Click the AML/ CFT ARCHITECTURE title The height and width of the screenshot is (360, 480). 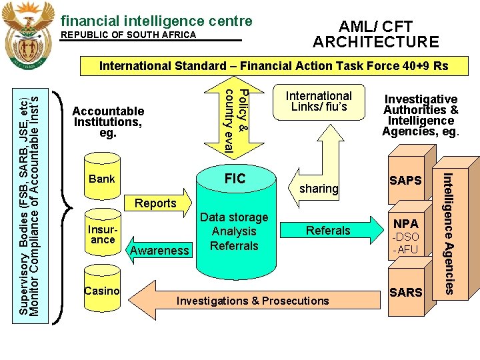[x=376, y=35]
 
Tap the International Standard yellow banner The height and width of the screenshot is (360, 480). [x=273, y=66]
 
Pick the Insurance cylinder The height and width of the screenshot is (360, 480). [x=103, y=235]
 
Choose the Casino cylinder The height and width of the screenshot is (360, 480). [x=102, y=291]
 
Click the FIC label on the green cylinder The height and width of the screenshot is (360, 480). [x=235, y=179]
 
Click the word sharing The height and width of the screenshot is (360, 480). [x=319, y=189]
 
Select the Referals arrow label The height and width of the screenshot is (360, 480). [x=327, y=231]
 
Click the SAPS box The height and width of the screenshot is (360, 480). [x=406, y=181]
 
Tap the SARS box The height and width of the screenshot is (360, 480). [x=406, y=292]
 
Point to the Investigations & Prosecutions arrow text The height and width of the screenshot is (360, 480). [x=253, y=301]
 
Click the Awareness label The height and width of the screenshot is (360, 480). [x=160, y=250]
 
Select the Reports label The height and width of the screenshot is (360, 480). [x=155, y=203]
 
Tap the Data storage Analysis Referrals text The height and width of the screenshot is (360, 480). [x=234, y=231]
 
